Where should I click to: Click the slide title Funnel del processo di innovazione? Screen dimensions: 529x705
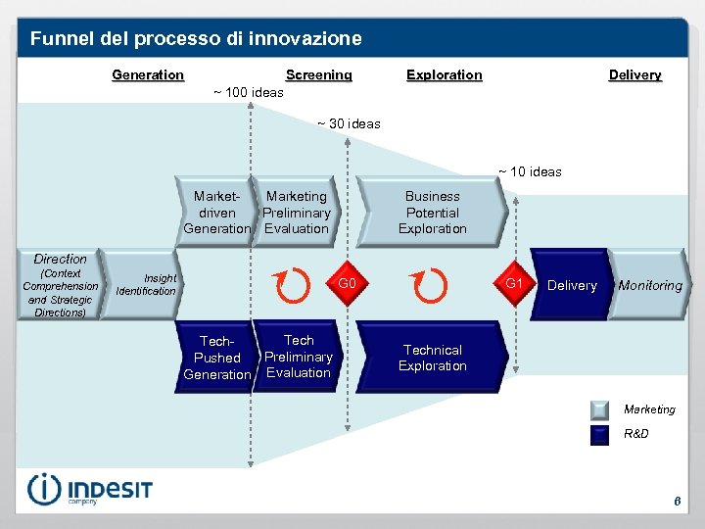[196, 39]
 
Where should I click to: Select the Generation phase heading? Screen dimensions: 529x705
[148, 74]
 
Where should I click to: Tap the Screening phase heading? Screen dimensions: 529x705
[318, 74]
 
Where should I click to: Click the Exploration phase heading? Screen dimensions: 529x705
[444, 74]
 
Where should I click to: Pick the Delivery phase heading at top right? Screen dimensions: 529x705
[634, 74]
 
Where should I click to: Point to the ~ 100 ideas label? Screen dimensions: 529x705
[249, 92]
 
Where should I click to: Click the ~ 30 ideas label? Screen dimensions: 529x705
[349, 123]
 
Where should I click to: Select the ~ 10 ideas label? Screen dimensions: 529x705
[530, 171]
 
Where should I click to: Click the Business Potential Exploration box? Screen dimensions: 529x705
[432, 213]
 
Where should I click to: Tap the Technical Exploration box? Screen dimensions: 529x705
[432, 358]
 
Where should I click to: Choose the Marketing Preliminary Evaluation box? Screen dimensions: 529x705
[297, 213]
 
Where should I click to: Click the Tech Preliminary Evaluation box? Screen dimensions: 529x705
[298, 357]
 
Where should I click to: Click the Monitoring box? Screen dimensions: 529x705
[649, 285]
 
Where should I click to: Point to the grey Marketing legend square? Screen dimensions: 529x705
[599, 409]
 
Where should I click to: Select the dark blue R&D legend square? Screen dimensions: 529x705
[599, 434]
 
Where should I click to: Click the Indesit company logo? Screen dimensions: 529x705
[90, 489]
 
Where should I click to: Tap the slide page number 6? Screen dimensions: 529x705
[677, 502]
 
